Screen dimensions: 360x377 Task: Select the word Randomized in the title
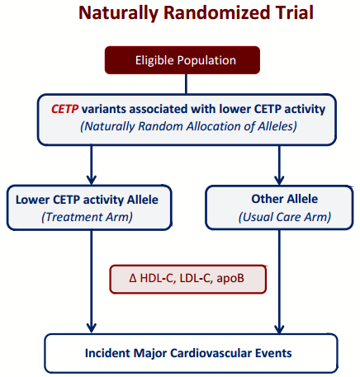[215, 12]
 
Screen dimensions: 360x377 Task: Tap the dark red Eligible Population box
[182, 60]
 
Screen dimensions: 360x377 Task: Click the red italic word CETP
[65, 109]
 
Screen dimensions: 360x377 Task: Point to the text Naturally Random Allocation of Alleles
[188, 126]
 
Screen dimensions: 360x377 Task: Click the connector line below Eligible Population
[186, 84]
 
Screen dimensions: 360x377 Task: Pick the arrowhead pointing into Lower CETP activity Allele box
[92, 179]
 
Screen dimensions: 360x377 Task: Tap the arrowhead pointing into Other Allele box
[279, 180]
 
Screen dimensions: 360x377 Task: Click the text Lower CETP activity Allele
[87, 200]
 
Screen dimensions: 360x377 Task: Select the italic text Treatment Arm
[87, 217]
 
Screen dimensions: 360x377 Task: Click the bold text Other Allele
[285, 199]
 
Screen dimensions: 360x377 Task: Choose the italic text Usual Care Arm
[285, 217]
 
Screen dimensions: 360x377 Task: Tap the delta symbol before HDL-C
[133, 278]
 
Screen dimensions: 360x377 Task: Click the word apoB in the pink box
[230, 278]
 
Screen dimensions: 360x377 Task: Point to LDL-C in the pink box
[195, 278]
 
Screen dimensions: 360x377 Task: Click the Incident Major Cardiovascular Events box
[191, 353]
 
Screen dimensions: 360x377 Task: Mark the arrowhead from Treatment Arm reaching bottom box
[92, 328]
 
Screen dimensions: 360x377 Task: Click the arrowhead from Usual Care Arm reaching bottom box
[279, 328]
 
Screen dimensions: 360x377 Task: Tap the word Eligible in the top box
[154, 60]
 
